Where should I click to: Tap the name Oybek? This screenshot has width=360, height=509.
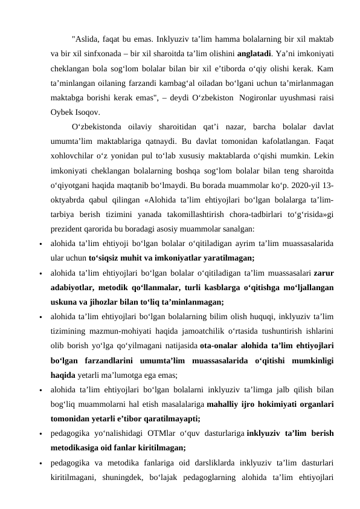[62, 111]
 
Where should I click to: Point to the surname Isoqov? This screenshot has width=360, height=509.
[88, 111]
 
